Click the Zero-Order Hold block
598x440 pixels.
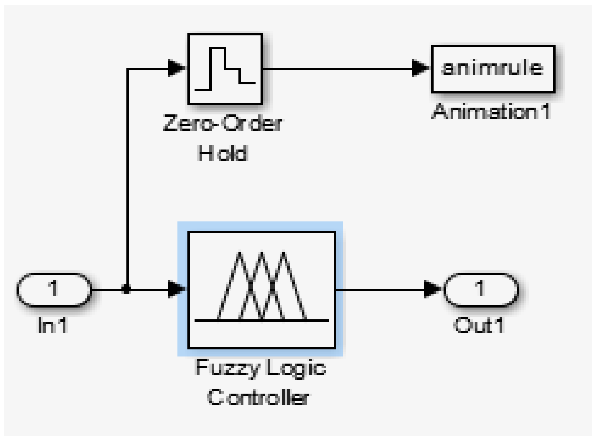pyautogui.click(x=225, y=69)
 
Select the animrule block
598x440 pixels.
pyautogui.click(x=493, y=69)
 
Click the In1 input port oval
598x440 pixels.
pyautogui.click(x=54, y=289)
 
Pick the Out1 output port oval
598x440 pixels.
pyautogui.click(x=480, y=289)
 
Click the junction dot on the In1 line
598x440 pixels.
pyautogui.click(x=126, y=289)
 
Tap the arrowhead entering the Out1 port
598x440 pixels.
pyautogui.click(x=432, y=289)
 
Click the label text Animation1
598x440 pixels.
pyautogui.click(x=491, y=112)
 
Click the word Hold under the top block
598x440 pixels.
pyautogui.click(x=223, y=153)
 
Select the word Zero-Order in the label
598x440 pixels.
pyautogui.click(x=222, y=123)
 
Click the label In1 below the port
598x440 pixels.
pyautogui.click(x=52, y=326)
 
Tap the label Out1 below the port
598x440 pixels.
pyautogui.click(x=479, y=326)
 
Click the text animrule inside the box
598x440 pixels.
pyautogui.click(x=492, y=68)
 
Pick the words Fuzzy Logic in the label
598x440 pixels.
pyautogui.click(x=261, y=368)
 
